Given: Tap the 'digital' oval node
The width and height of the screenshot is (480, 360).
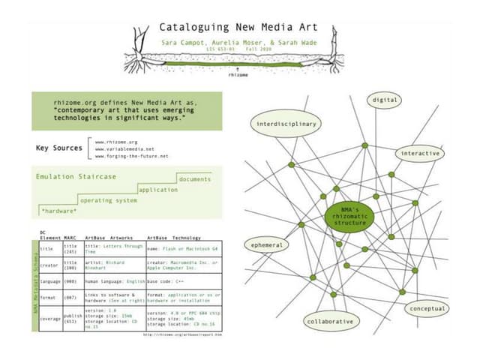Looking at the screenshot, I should pos(383,100).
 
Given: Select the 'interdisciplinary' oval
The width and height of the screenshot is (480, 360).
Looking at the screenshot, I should pos(287,124).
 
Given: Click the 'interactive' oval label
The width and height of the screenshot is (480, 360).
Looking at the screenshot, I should pos(419,153).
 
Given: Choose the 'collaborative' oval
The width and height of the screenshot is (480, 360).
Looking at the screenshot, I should pos(329,321).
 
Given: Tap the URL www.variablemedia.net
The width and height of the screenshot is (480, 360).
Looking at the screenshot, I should pos(124,148).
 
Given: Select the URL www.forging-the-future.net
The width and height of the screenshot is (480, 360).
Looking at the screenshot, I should pos(132,156).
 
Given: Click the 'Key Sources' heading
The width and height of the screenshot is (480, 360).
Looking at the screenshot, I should pos(59,148).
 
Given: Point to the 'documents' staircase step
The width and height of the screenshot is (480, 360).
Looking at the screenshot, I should pos(196,179).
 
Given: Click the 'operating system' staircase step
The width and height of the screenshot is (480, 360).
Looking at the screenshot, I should pos(109,201).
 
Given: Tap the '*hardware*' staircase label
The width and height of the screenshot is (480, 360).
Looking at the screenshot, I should pos(58,211).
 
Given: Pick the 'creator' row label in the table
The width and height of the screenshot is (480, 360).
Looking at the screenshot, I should pos(49,265).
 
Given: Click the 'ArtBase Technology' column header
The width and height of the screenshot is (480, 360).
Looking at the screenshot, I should pos(174,237).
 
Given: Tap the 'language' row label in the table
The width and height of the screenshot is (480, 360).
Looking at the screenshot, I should pos(49,281).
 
